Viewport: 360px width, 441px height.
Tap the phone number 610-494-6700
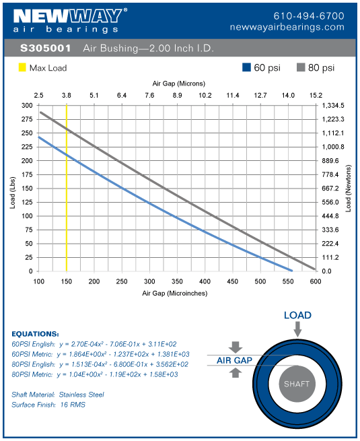click(x=309, y=15)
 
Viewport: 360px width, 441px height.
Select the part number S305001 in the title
click(x=43, y=49)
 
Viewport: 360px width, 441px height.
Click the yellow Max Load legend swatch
click(x=22, y=68)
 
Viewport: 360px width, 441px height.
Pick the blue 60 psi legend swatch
click(x=247, y=68)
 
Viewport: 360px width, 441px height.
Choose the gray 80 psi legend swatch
click(x=300, y=68)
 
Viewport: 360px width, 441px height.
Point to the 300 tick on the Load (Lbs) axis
click(x=26, y=106)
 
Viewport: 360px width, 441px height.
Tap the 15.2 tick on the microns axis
click(x=315, y=96)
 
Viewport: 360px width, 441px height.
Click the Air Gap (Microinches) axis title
click(x=174, y=294)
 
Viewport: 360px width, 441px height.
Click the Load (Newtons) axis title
click(x=349, y=189)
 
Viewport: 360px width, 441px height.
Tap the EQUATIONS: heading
click(x=36, y=333)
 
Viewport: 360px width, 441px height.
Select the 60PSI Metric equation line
click(x=101, y=353)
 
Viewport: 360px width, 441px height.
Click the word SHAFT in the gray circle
click(x=297, y=384)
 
